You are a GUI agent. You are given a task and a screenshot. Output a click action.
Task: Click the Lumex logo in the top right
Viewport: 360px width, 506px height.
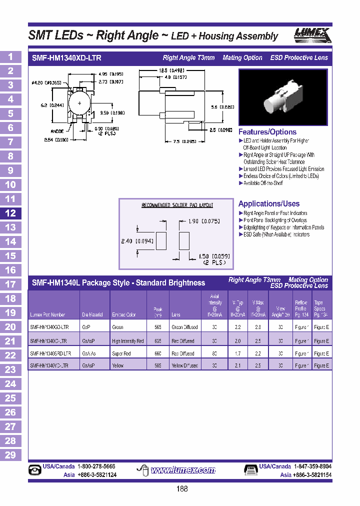(x=311, y=35)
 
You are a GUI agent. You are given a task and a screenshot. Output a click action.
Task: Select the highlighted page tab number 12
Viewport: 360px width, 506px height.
(x=10, y=213)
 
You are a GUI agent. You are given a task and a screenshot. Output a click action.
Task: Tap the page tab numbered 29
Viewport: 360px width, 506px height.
(x=10, y=455)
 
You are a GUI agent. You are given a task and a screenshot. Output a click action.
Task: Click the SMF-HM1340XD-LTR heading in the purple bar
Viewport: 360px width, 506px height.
(x=66, y=58)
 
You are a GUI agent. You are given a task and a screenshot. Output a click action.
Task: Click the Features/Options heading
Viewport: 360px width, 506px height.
(x=267, y=132)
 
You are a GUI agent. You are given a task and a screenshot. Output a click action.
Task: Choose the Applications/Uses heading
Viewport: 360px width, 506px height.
(x=269, y=203)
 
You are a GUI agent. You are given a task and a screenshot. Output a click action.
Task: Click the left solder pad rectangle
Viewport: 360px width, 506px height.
(x=161, y=240)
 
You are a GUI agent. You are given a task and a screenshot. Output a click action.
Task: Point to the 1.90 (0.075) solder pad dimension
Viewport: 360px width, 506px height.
(x=203, y=221)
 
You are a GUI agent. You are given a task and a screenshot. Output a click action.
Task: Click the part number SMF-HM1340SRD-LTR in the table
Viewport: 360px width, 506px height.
(x=50, y=353)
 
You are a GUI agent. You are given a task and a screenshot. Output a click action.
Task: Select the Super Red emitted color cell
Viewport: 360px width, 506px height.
(x=122, y=353)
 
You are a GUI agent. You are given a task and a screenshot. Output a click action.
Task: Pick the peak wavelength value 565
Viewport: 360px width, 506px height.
(x=158, y=327)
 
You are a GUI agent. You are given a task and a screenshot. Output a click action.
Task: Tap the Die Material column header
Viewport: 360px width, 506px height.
(x=93, y=315)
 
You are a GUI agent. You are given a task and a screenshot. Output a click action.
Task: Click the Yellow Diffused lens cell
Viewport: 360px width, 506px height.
(x=185, y=365)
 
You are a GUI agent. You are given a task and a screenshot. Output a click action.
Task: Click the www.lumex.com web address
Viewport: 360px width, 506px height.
(x=183, y=470)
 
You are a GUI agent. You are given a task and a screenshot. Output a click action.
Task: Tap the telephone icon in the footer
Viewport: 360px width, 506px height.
(x=35, y=470)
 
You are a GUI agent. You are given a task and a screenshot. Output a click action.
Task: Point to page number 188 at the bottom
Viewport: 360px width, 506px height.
(x=182, y=489)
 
